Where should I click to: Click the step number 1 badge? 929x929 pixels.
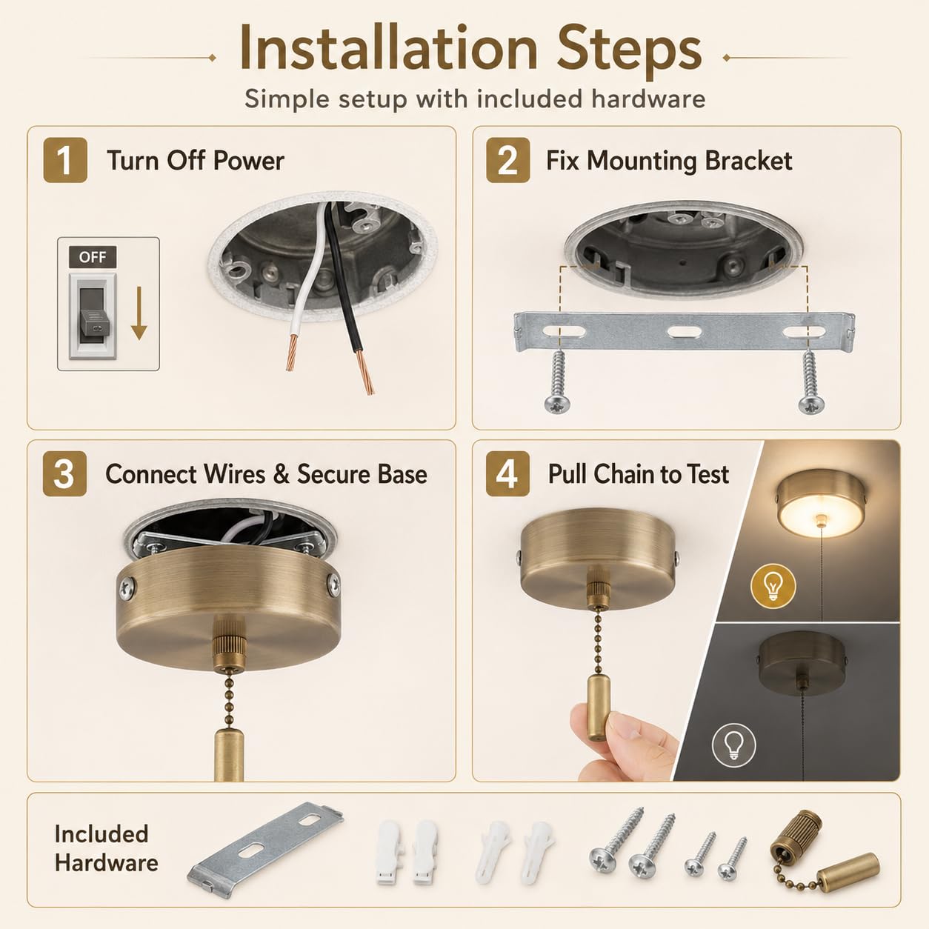pos(65,160)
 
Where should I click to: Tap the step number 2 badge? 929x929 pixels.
pos(507,160)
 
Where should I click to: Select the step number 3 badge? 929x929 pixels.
pos(64,474)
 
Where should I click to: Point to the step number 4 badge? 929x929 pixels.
pos(507,474)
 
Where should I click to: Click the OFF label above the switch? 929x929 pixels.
pos(93,257)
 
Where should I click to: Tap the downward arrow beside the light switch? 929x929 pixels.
pos(139,313)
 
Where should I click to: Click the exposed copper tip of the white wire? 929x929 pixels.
pos(291,353)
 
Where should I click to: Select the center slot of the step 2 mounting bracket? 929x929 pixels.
pos(684,332)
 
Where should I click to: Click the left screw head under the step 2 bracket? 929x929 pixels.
pos(557,404)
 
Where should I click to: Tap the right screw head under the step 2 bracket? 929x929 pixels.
pos(811,404)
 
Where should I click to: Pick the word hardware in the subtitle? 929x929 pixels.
pos(648,99)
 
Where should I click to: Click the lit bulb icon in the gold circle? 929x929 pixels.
pos(773,586)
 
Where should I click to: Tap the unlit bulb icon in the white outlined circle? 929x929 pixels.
pos(733,745)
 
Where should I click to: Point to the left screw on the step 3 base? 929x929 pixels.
pos(127,588)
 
